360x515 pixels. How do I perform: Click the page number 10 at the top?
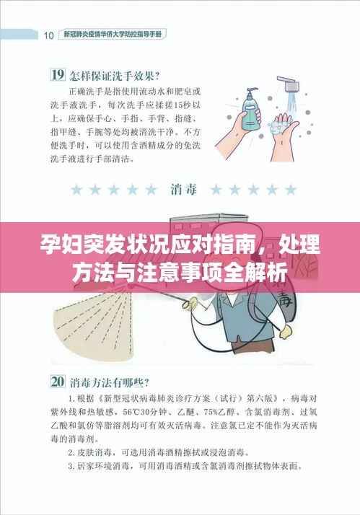pyautogui.click(x=48, y=34)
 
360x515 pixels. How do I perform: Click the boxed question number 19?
pyautogui.click(x=57, y=74)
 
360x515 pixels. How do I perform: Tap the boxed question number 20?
pyautogui.click(x=57, y=380)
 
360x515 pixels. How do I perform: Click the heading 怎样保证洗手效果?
pyautogui.click(x=115, y=74)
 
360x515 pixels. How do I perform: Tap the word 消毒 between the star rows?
pyautogui.click(x=182, y=190)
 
